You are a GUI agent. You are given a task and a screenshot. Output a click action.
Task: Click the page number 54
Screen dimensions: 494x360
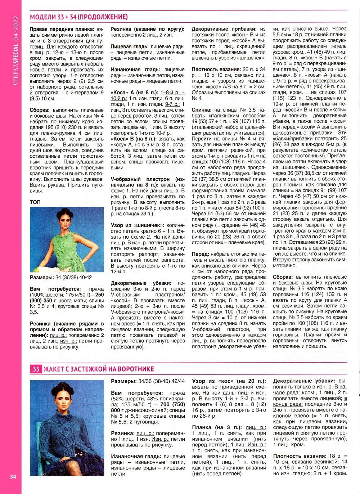pos(13,477)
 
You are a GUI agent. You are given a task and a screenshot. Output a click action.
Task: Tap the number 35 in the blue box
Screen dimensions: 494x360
pos(36,369)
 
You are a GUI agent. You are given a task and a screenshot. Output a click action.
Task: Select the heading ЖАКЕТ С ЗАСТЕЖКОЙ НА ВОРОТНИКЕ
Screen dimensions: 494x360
pos(99,369)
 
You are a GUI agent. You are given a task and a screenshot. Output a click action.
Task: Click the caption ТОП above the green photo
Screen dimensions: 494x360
pos(35,202)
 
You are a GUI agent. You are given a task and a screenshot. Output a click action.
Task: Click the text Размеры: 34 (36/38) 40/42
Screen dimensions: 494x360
pos(61,278)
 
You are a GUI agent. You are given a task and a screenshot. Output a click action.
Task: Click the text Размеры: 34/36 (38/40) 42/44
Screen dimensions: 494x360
pos(148,381)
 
